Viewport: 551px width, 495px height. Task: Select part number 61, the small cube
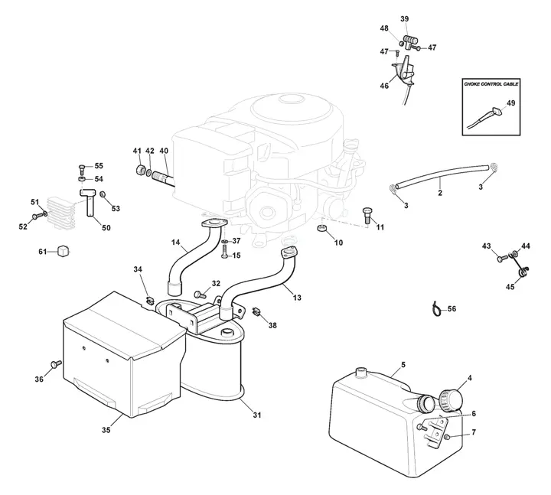click(64, 251)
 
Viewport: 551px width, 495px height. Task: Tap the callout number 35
click(106, 430)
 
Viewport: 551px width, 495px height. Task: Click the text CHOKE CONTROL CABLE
click(491, 84)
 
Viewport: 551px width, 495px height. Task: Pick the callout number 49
click(511, 103)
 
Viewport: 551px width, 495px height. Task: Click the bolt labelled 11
click(367, 215)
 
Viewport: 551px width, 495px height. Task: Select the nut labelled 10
click(322, 229)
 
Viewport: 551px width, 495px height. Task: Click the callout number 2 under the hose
click(440, 193)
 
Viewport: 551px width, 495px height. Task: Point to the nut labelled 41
click(141, 169)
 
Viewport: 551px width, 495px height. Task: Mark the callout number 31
click(257, 415)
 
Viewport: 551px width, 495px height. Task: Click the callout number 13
click(297, 298)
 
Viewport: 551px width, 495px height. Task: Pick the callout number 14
click(176, 242)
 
